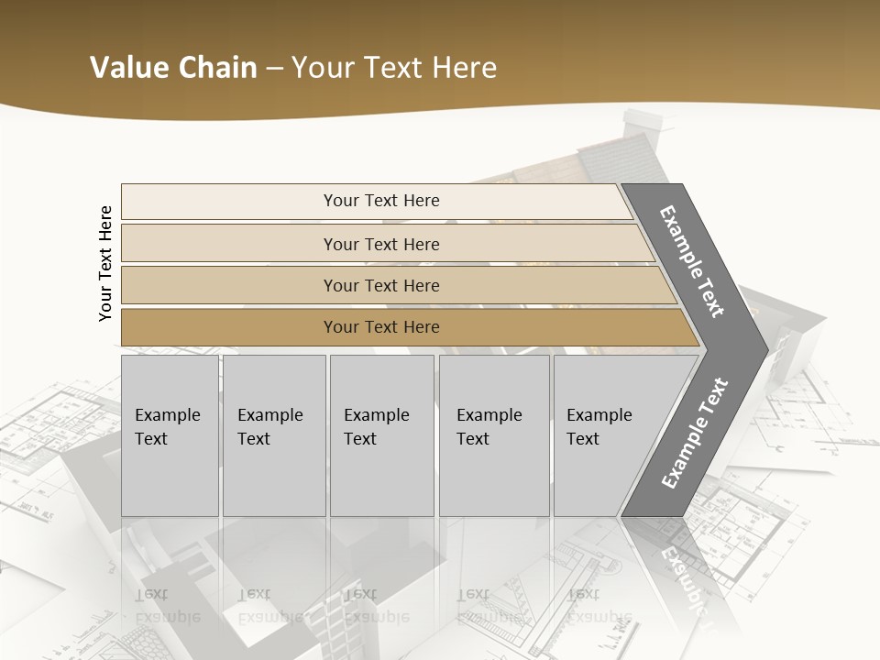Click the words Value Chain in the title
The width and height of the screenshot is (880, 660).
pyautogui.click(x=173, y=68)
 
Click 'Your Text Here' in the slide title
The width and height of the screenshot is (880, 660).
pyautogui.click(x=394, y=68)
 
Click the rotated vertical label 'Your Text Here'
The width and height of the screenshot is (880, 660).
pyautogui.click(x=105, y=263)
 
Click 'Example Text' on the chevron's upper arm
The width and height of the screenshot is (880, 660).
pyautogui.click(x=692, y=261)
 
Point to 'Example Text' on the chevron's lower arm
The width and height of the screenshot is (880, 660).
pyautogui.click(x=694, y=434)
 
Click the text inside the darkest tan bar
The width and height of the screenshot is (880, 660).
pyautogui.click(x=381, y=327)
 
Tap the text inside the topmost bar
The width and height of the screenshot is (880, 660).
pyautogui.click(x=381, y=201)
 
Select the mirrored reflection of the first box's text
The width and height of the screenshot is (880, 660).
pyautogui.click(x=167, y=605)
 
